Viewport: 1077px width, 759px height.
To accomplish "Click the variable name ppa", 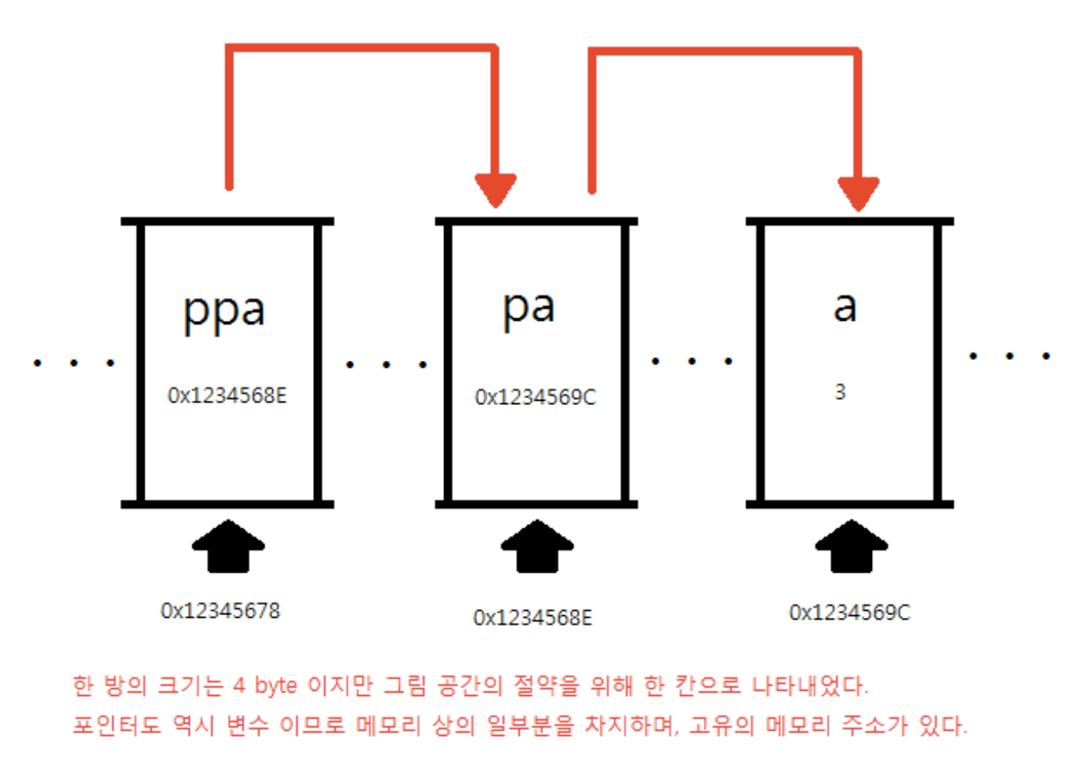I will [x=224, y=310].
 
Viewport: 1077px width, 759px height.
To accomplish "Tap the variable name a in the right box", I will [x=844, y=307].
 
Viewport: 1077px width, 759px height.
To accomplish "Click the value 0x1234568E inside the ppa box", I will [x=228, y=395].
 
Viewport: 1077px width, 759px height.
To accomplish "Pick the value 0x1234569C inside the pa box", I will [x=536, y=397].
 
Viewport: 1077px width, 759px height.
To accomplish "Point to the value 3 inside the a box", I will [x=841, y=394].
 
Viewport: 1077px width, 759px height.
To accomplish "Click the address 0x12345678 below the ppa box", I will [x=220, y=610].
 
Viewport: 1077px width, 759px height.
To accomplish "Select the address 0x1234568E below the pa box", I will [x=533, y=618].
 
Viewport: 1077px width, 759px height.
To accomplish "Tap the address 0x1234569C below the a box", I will [x=850, y=612].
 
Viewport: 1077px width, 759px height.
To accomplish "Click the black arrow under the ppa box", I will [x=229, y=545].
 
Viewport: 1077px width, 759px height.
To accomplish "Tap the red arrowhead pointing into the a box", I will [x=859, y=193].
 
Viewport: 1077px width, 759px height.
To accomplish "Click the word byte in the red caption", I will [x=284, y=686].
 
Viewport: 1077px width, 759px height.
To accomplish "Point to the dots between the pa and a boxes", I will [x=692, y=362].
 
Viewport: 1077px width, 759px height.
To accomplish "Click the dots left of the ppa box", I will [x=72, y=364].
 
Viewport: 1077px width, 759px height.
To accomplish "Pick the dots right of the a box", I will [x=1011, y=355].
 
